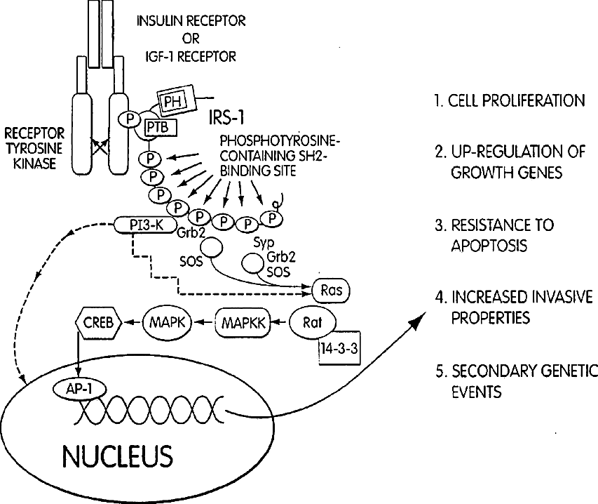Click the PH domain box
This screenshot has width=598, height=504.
tap(175, 101)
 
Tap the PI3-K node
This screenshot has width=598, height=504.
tap(146, 225)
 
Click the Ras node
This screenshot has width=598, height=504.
tap(331, 291)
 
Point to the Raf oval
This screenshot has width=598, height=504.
tap(313, 324)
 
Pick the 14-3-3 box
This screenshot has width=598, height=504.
tap(339, 348)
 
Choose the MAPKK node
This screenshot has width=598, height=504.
tap(243, 324)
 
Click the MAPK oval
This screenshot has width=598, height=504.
tap(168, 323)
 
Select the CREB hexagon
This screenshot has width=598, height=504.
tap(98, 323)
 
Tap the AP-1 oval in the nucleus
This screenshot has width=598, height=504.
tap(80, 389)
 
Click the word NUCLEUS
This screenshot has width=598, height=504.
tap(118, 456)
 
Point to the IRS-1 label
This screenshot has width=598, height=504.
tap(226, 118)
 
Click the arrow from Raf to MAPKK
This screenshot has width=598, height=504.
tap(280, 323)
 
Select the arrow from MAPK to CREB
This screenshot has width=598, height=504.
tap(132, 323)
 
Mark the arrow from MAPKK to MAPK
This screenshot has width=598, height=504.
tap(203, 323)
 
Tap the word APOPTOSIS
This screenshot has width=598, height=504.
tap(489, 246)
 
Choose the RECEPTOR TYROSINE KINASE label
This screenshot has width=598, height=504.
tap(35, 149)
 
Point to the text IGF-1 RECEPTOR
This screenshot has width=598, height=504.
tap(191, 57)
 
